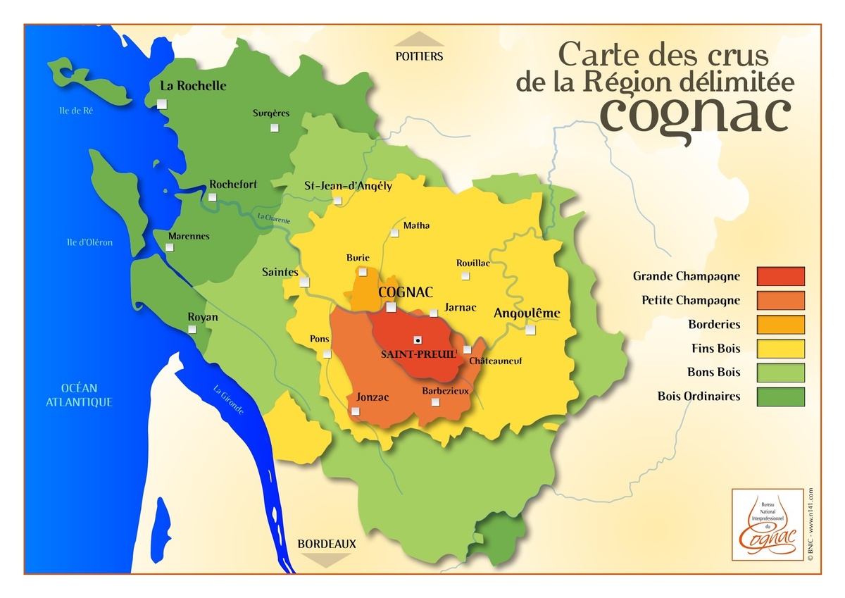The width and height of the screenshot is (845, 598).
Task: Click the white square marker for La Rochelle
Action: [162, 104]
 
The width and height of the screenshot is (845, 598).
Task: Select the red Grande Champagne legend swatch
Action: [780, 276]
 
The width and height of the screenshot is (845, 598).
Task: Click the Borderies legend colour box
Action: [780, 325]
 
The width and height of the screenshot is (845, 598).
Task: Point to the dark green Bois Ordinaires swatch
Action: [780, 397]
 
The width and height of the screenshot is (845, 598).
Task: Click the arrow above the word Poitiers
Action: [419, 39]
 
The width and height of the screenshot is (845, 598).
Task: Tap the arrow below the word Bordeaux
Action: [326, 560]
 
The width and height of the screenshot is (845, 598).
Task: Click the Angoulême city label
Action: [527, 313]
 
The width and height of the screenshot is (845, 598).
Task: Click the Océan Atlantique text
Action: [79, 395]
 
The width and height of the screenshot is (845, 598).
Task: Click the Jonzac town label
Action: [373, 397]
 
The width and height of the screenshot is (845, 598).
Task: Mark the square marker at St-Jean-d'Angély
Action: [338, 201]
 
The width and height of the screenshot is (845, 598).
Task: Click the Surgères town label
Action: [271, 113]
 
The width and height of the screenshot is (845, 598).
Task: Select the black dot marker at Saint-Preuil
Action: [418, 339]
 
